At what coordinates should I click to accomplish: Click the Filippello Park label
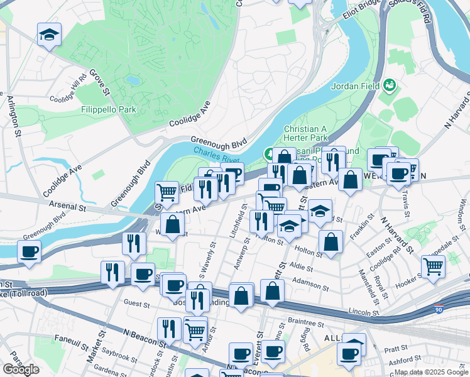coord(109,109)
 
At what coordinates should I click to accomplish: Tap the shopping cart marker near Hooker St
coord(434,266)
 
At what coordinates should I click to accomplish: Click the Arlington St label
coord(13,115)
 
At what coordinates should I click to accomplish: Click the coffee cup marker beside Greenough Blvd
coord(29,252)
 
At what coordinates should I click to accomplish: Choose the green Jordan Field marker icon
coord(389,84)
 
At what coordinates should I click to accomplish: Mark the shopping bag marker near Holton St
coord(331,241)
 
